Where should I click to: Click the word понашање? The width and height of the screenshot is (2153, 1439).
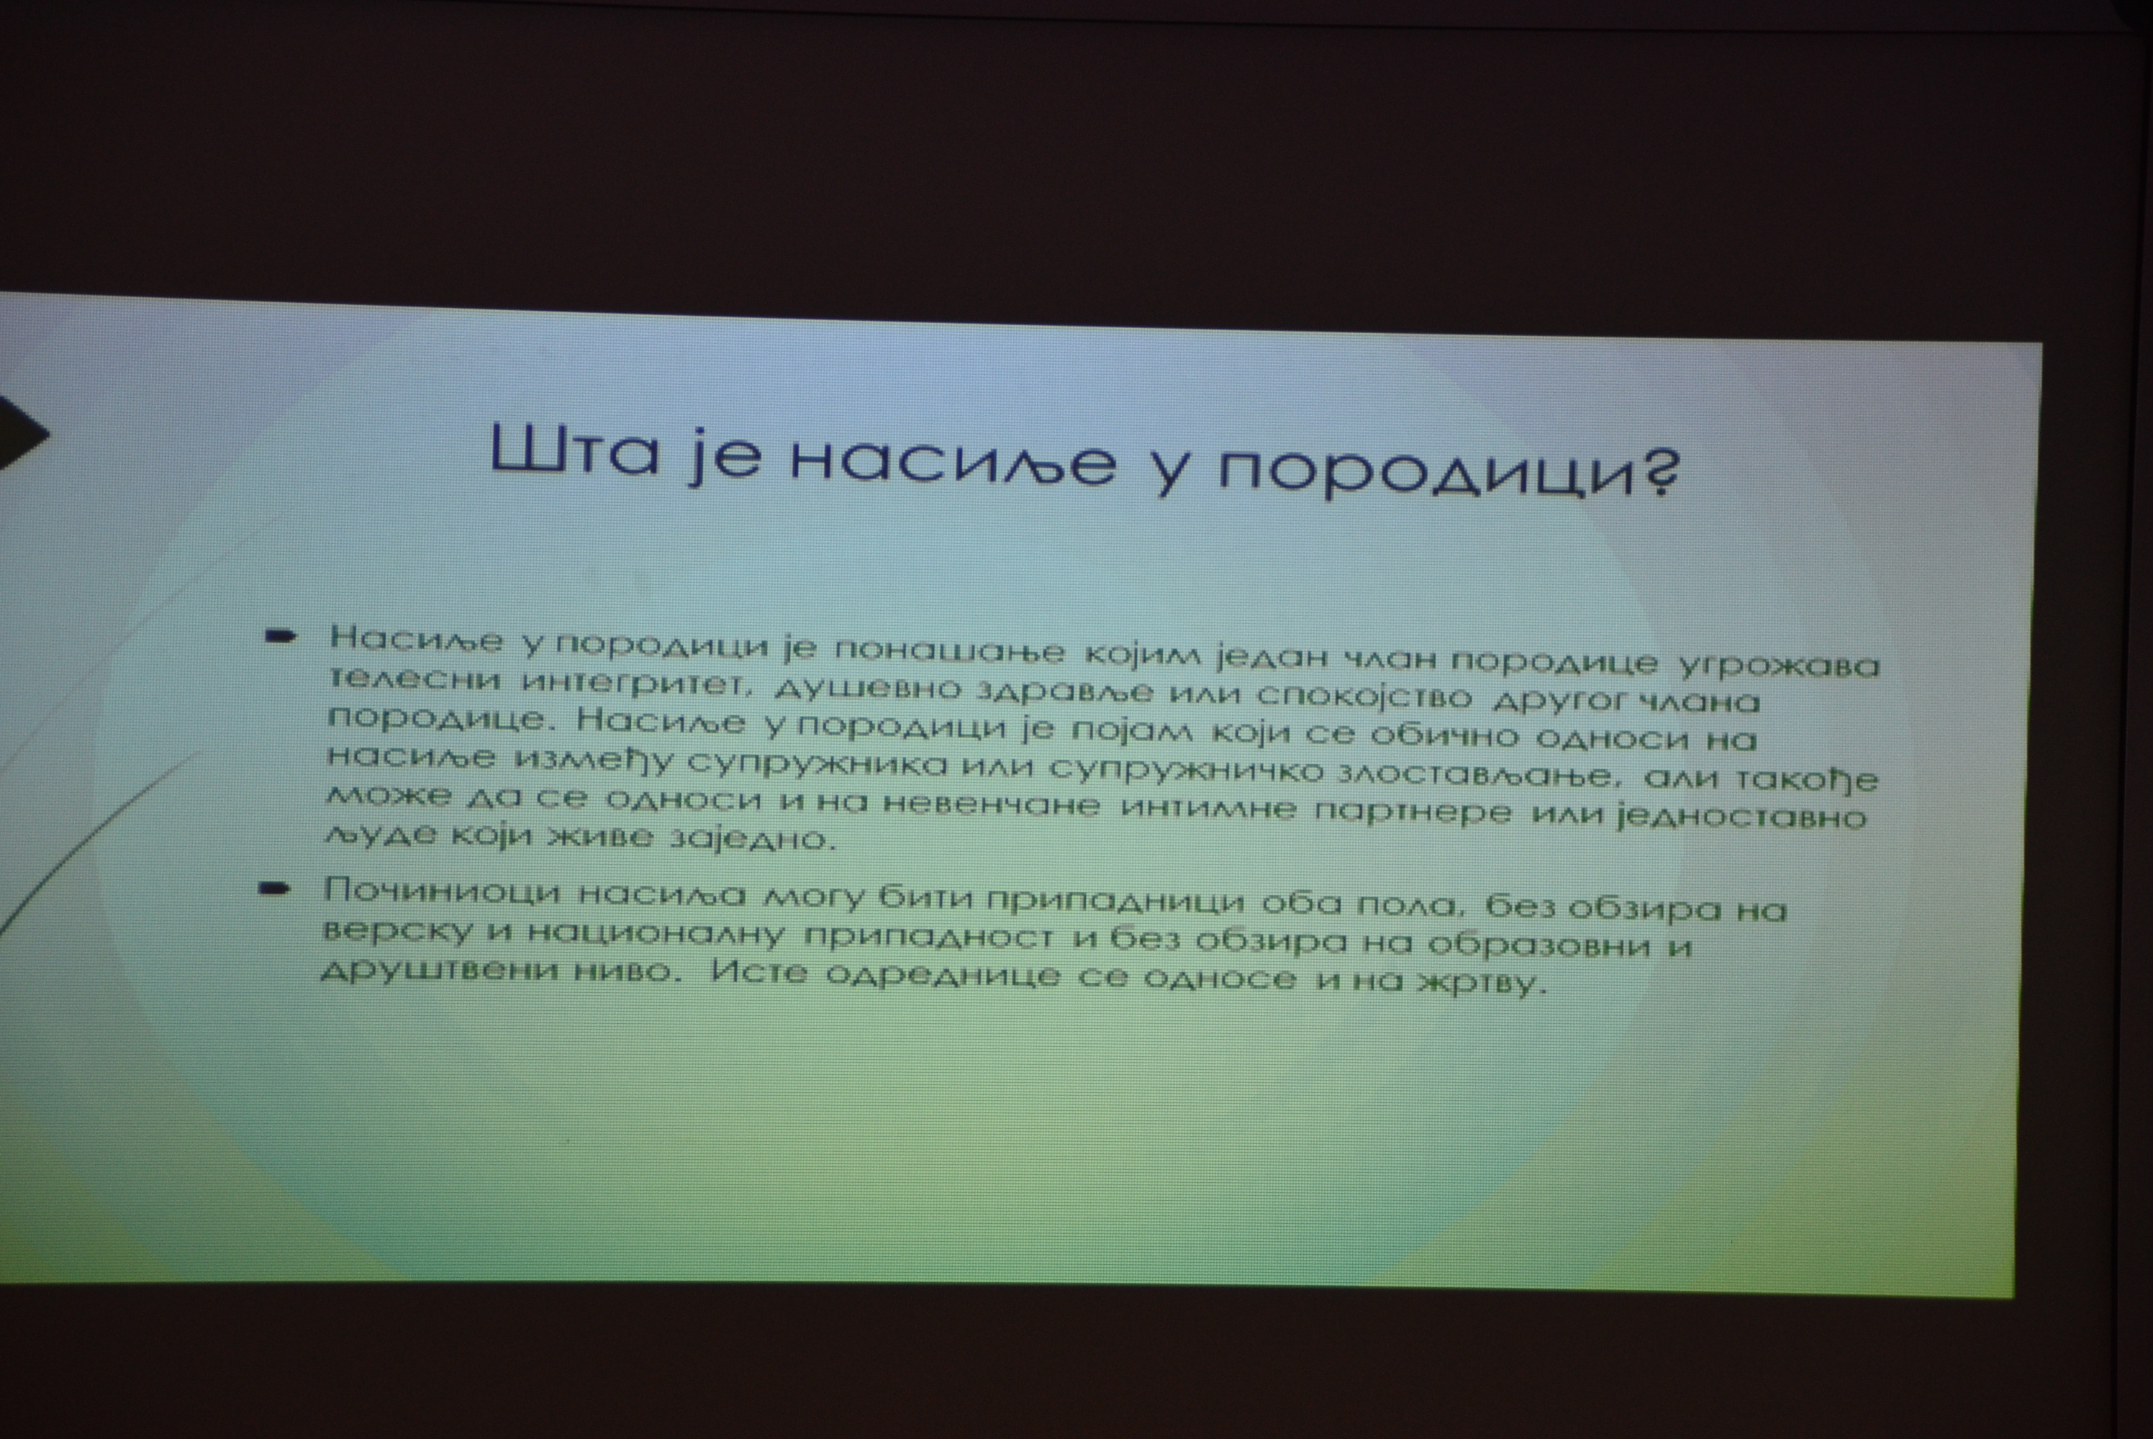(950, 650)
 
